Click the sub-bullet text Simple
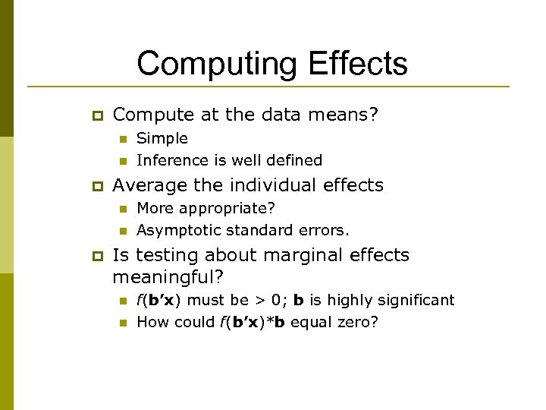pos(162,138)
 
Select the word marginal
pos(297,255)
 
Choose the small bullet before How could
pos(121,323)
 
